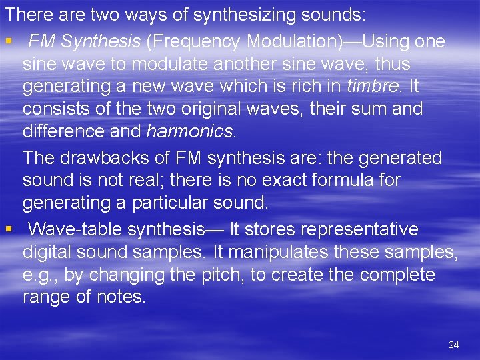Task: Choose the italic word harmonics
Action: tap(190, 132)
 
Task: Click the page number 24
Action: tap(454, 345)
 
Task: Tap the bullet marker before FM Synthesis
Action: tap(8, 42)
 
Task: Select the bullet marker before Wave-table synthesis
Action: tap(8, 230)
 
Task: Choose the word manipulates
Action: tap(278, 253)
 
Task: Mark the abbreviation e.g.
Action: tap(39, 275)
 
